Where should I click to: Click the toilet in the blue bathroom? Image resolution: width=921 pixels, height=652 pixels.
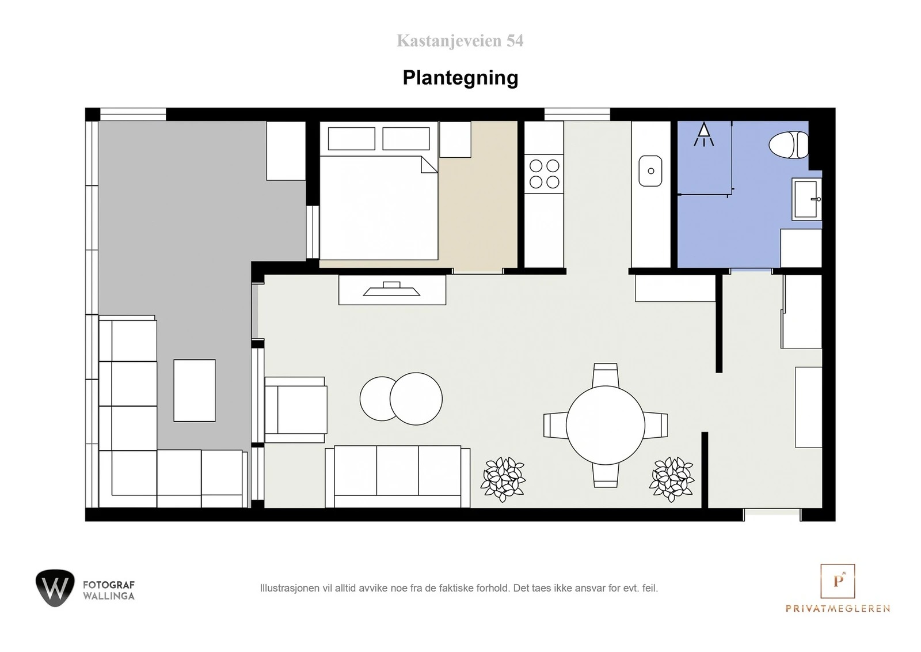click(x=789, y=145)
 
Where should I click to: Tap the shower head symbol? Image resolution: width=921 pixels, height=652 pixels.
click(x=704, y=134)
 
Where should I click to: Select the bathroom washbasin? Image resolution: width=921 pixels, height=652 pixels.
click(x=806, y=199)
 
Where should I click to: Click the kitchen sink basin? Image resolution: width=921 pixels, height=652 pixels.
click(x=650, y=170)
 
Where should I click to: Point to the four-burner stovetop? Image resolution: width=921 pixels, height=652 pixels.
click(x=544, y=173)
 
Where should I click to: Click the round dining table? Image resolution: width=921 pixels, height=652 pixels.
click(x=605, y=425)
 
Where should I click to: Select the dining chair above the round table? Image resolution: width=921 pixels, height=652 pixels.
click(x=605, y=375)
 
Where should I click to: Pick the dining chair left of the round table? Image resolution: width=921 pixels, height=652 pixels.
click(x=555, y=425)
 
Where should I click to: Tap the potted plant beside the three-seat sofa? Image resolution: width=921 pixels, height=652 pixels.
click(x=503, y=479)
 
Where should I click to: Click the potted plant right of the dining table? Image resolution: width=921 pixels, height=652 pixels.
click(x=672, y=479)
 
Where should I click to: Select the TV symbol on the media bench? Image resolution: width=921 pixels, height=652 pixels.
click(x=391, y=289)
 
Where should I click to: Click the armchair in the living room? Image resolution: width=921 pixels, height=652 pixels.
click(x=296, y=410)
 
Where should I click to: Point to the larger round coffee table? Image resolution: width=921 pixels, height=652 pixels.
click(x=416, y=399)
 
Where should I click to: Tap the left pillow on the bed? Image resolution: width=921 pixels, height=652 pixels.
click(x=352, y=139)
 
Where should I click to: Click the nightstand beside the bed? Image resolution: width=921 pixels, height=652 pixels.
click(x=455, y=139)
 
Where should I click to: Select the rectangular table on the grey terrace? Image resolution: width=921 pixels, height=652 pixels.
click(x=195, y=391)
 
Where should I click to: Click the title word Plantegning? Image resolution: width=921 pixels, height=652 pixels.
click(x=461, y=77)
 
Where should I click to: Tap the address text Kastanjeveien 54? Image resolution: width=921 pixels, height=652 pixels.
click(x=460, y=41)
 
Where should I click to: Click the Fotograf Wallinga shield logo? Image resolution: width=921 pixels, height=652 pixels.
click(x=55, y=588)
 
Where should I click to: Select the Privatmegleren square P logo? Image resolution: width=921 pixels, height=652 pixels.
click(x=838, y=581)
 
